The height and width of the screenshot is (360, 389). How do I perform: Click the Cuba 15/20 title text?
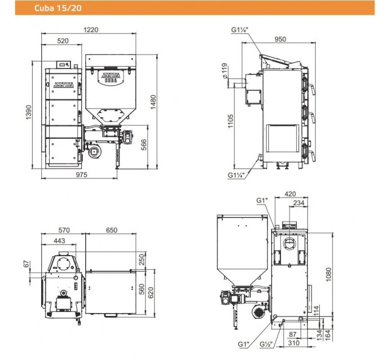tap(58, 8)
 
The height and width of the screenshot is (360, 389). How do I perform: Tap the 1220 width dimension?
tap(91, 30)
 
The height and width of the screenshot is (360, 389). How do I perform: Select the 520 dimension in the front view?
tap(63, 41)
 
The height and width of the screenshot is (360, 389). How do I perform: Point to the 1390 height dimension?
tap(29, 113)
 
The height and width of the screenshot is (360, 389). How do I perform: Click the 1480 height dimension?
tap(153, 102)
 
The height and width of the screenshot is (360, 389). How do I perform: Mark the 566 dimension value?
tap(144, 145)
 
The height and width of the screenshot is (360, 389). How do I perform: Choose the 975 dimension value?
tap(82, 175)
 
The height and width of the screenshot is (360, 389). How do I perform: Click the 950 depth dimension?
tap(280, 39)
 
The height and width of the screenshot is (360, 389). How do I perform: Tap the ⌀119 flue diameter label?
tap(224, 71)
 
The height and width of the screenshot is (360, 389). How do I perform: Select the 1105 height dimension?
tap(231, 121)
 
